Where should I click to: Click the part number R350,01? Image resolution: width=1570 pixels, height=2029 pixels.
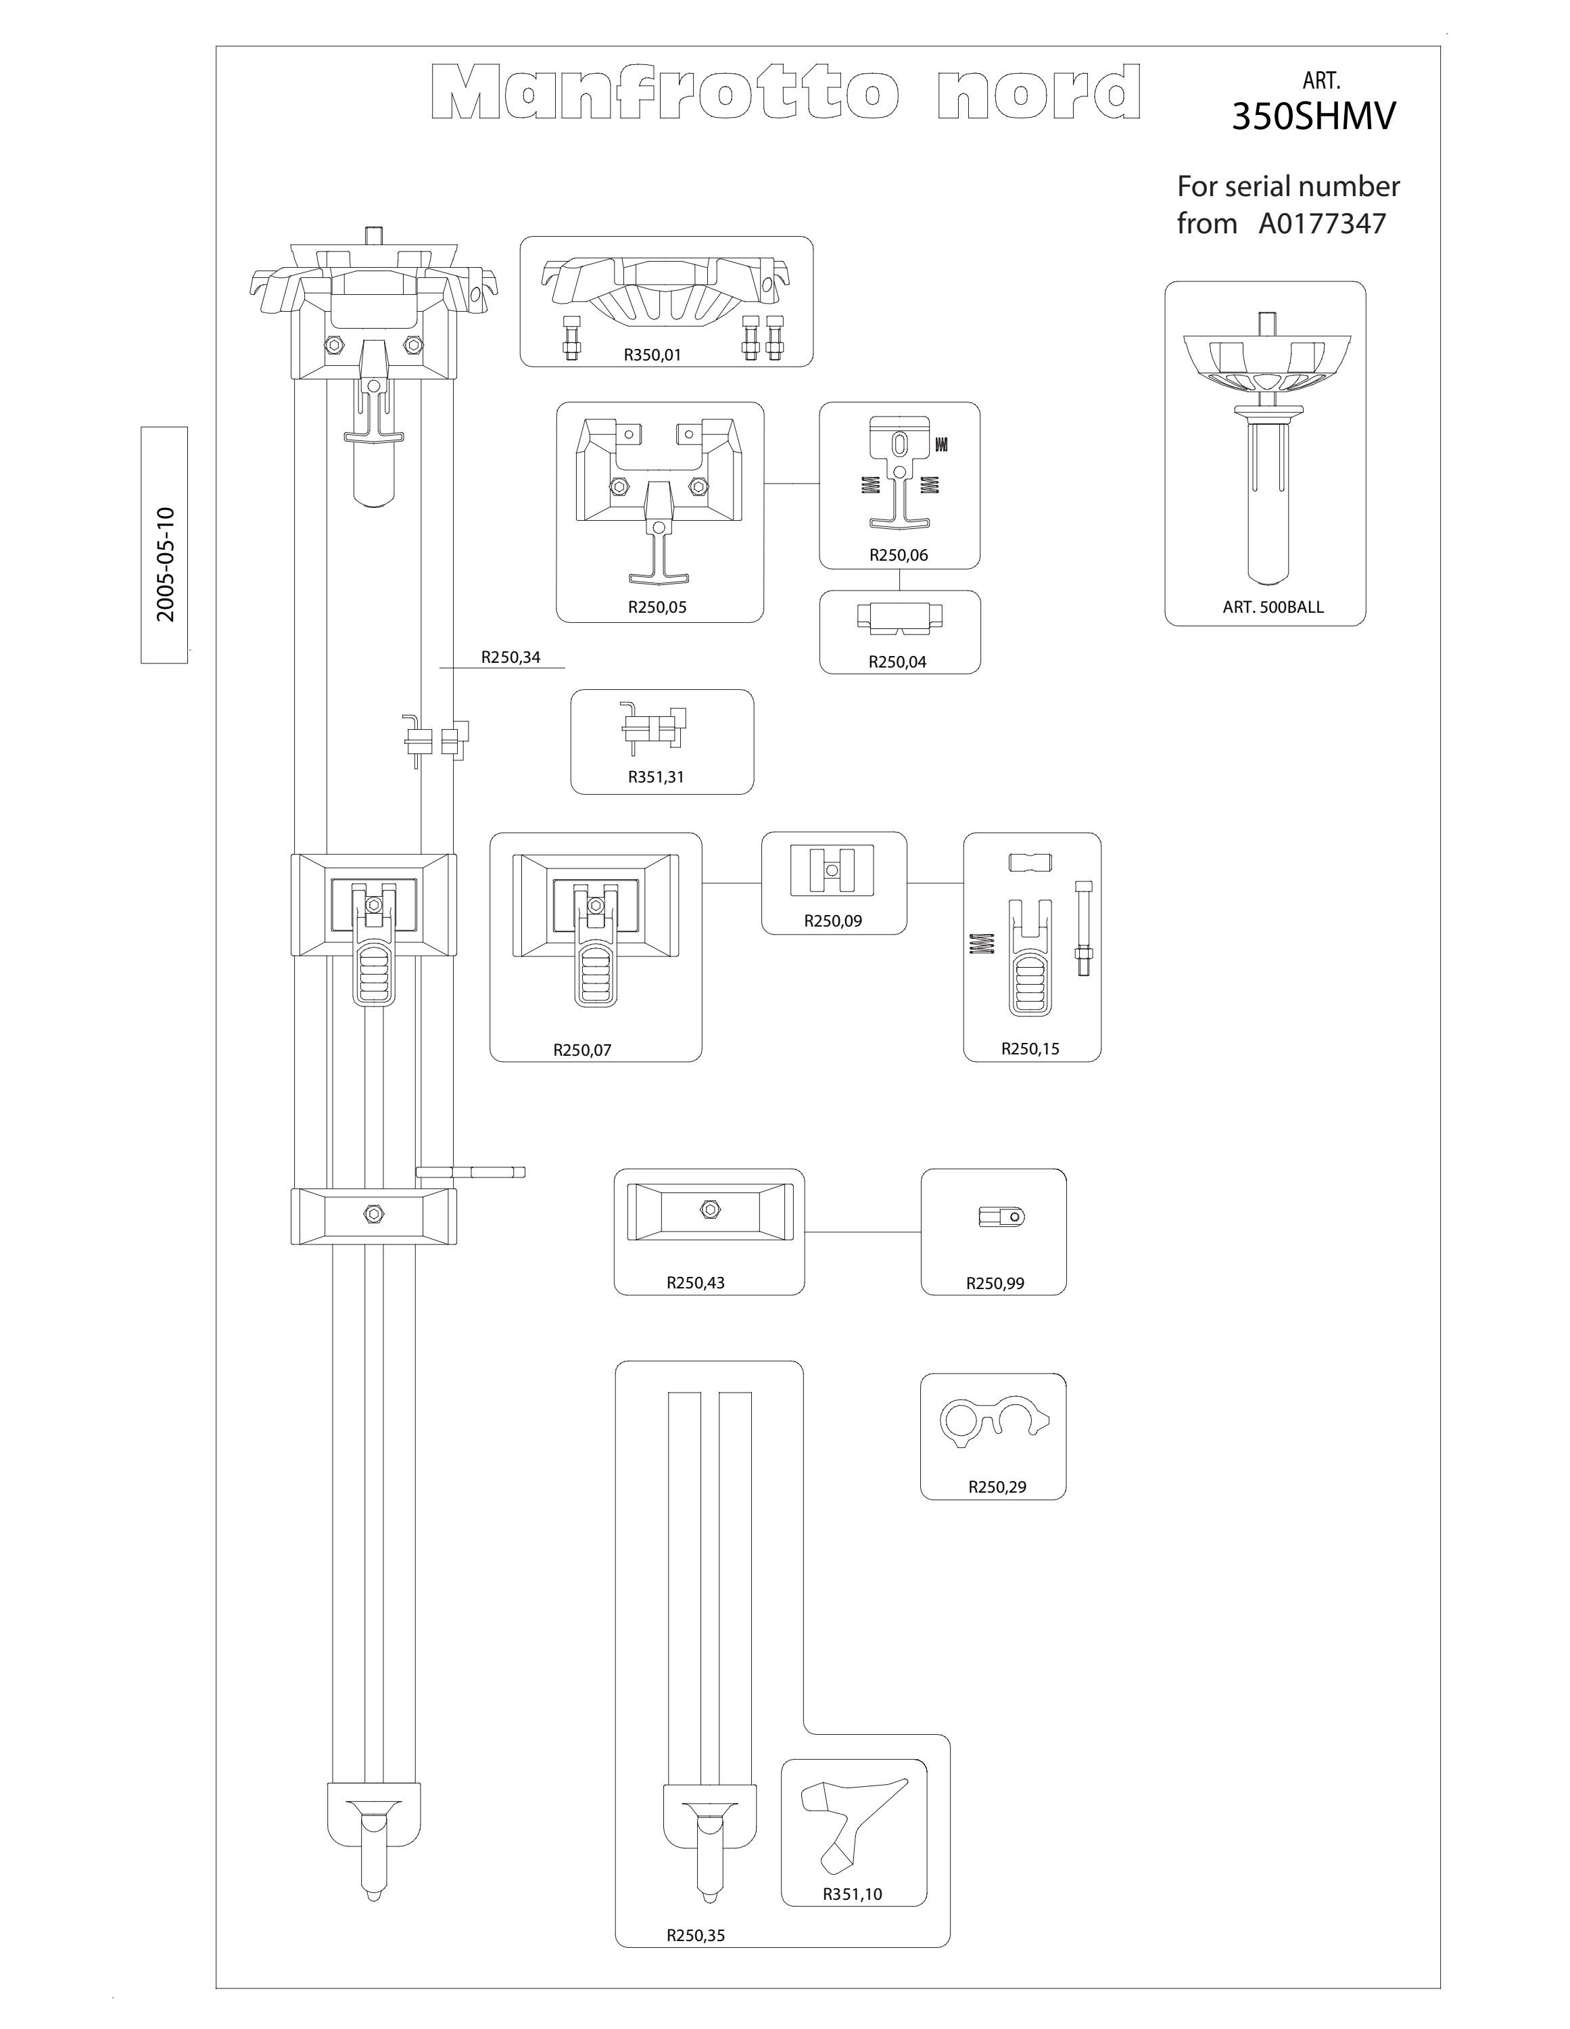pos(652,355)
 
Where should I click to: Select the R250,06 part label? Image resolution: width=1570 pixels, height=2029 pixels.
pos(899,555)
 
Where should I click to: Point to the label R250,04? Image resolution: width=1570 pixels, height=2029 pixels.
pos(897,662)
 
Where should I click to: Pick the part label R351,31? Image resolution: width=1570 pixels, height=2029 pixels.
pos(656,778)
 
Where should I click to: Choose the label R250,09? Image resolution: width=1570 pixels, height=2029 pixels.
pos(833,922)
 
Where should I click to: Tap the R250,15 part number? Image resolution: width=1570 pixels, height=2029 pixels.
pos(1030,1049)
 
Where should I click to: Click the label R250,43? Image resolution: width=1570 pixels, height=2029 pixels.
pos(696,1283)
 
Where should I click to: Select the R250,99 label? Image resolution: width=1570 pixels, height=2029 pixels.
pos(995,1284)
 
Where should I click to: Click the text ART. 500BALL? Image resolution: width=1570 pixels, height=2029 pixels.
pos(1272,607)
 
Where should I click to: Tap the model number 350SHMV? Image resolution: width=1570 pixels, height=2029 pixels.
pos(1314,117)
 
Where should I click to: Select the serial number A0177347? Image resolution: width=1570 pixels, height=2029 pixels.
pos(1322,224)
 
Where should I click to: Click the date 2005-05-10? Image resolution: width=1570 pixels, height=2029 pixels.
pos(166,564)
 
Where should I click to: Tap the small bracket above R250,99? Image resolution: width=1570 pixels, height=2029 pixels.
pos(1001,1217)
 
